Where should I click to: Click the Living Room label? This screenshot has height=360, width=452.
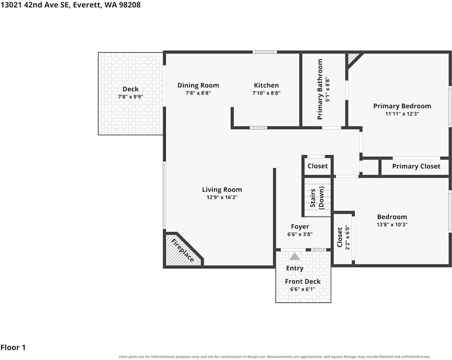click(222, 190)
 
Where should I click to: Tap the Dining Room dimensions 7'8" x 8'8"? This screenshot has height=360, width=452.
click(198, 93)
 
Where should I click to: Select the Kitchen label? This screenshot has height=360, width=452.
click(267, 85)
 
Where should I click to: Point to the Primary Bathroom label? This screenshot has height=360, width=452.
click(320, 89)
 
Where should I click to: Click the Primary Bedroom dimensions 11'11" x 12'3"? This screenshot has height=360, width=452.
click(402, 114)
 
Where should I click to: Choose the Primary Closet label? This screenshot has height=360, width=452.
click(416, 166)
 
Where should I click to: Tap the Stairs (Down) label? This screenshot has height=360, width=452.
click(317, 198)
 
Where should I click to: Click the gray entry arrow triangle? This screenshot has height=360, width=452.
click(295, 256)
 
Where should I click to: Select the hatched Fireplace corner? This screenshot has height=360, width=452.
click(182, 250)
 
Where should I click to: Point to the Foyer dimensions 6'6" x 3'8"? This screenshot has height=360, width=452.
click(300, 234)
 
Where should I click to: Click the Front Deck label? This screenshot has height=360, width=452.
click(303, 281)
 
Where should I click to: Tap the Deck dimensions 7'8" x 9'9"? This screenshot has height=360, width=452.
click(131, 97)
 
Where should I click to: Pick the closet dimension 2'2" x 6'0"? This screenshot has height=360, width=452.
click(348, 237)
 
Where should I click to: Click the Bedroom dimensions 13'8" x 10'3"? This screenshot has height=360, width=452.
click(392, 224)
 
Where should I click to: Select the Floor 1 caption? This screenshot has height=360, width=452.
click(13, 347)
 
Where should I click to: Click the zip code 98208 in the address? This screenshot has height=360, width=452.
click(130, 5)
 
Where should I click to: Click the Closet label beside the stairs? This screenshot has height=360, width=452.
click(317, 166)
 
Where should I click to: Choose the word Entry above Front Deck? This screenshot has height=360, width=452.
click(295, 268)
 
